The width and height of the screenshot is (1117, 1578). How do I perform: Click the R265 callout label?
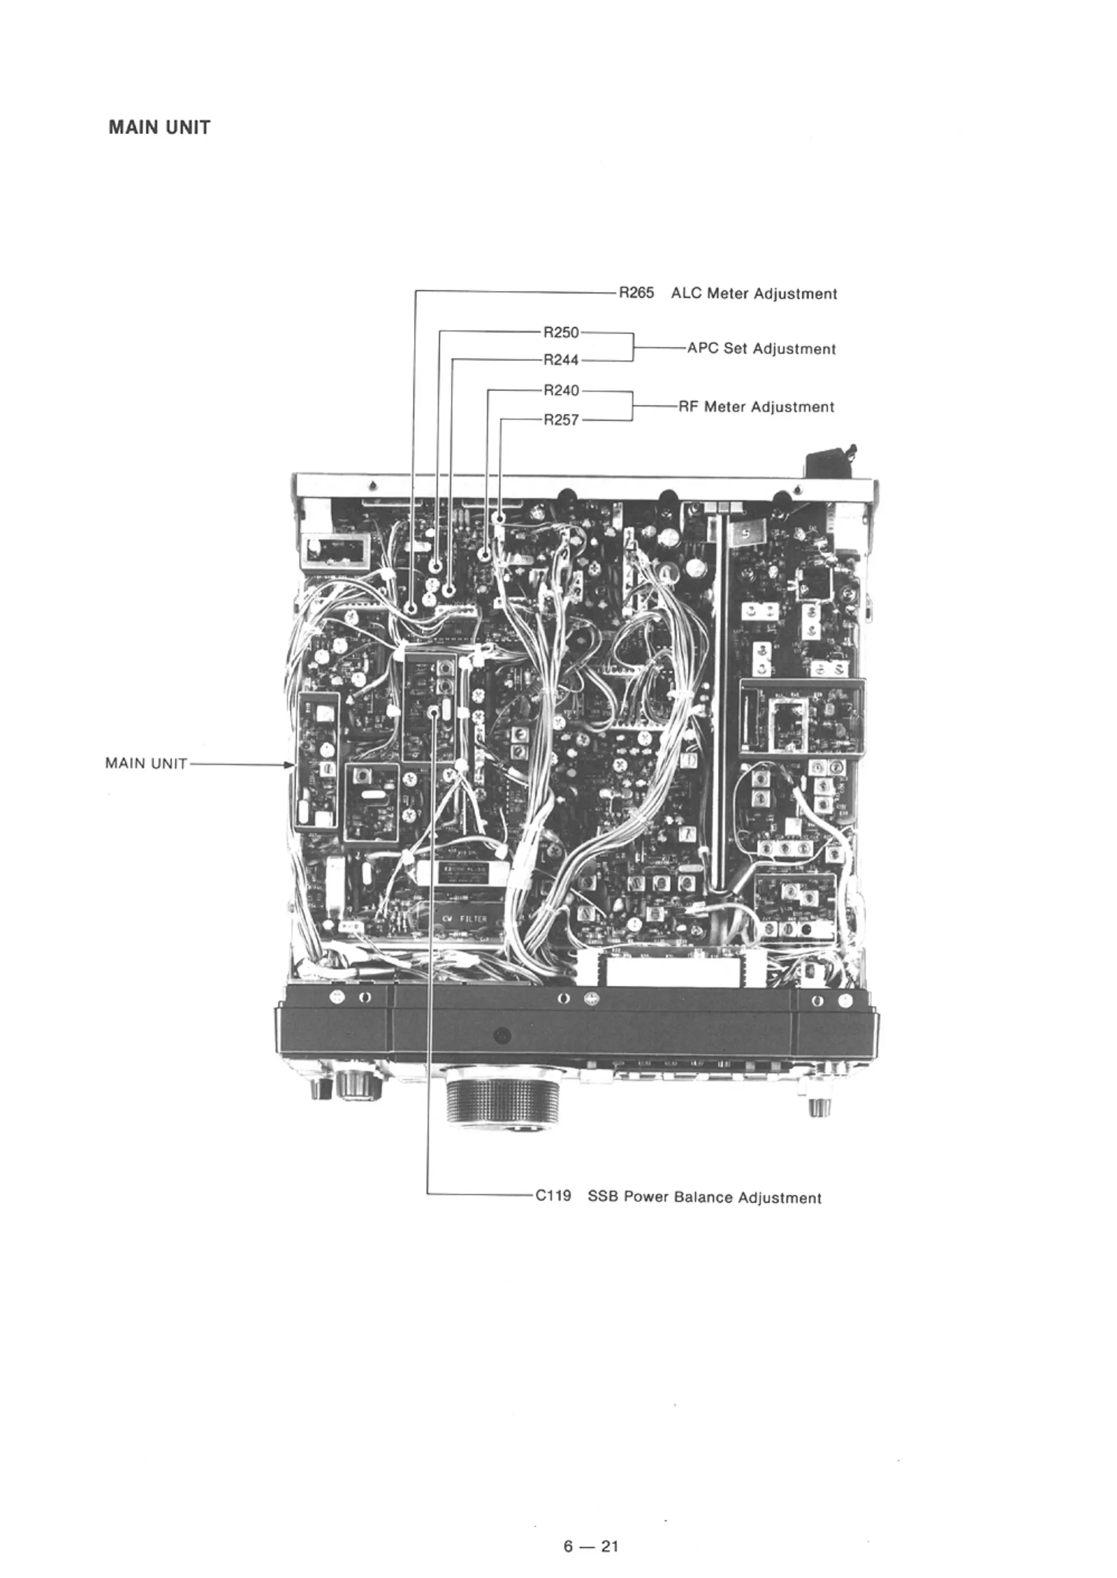tap(636, 294)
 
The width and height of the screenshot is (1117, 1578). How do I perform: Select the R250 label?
tap(561, 333)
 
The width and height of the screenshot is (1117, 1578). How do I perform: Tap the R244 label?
tap(561, 360)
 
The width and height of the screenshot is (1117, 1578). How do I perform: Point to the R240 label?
tap(561, 390)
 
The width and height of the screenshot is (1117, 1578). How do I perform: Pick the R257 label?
tap(561, 420)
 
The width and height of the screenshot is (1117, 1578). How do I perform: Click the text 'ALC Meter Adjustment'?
tap(754, 294)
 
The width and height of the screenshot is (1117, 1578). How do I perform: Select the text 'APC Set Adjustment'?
tap(761, 350)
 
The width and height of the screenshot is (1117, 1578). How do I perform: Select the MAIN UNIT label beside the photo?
tap(146, 763)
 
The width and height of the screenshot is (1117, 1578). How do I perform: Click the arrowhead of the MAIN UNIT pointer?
tap(289, 764)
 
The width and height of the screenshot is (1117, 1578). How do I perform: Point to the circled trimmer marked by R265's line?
tap(411, 608)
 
